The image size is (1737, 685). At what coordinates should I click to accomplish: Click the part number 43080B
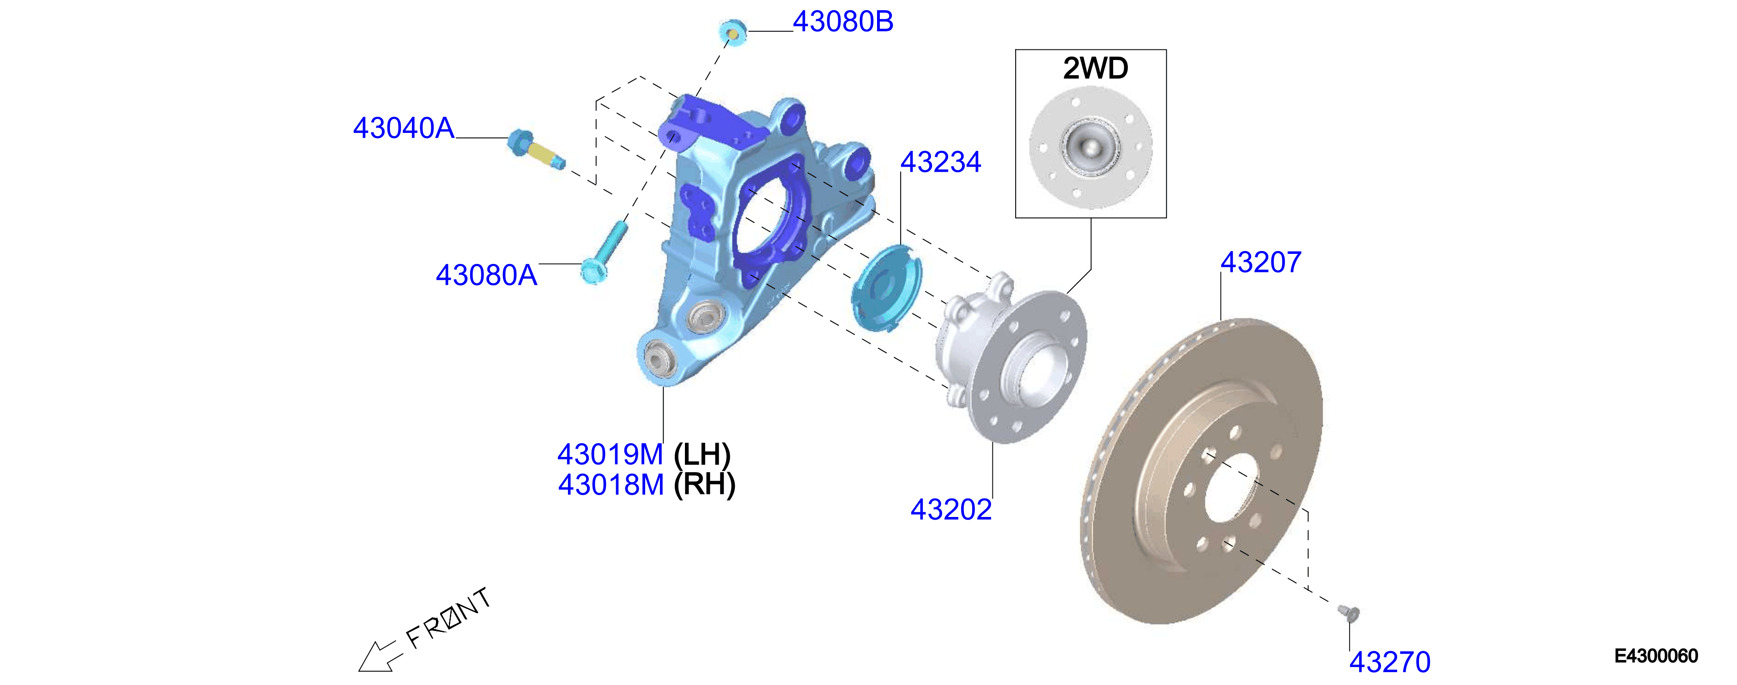(x=843, y=22)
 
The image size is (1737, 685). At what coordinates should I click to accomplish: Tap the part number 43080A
(x=486, y=275)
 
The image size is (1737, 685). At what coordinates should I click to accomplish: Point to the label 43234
(x=941, y=162)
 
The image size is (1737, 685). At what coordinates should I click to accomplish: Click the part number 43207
(x=1261, y=262)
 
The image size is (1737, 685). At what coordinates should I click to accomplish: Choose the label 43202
(x=951, y=510)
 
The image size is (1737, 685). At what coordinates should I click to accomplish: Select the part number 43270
(x=1390, y=662)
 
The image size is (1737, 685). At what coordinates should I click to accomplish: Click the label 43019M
(x=610, y=454)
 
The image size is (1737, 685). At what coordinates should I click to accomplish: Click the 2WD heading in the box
(x=1095, y=68)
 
